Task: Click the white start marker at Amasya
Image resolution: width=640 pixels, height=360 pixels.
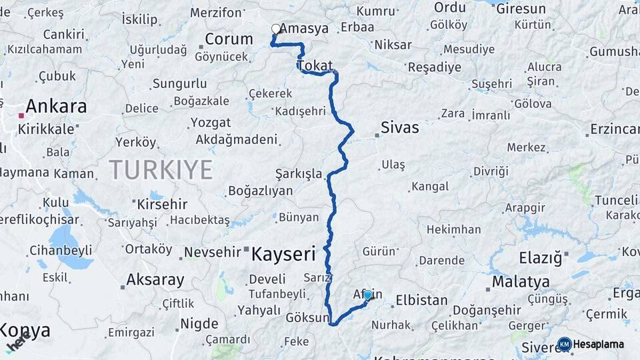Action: (275, 29)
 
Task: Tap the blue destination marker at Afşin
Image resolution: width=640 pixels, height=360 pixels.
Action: (367, 295)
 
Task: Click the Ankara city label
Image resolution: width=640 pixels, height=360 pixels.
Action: (56, 107)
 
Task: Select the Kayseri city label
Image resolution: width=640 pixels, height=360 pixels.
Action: (283, 253)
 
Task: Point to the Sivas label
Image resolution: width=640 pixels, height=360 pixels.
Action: (399, 127)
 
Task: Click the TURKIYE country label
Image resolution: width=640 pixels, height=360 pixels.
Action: (161, 169)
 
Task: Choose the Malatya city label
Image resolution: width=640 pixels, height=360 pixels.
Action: (520, 281)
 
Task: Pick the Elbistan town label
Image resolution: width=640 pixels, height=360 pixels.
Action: (421, 300)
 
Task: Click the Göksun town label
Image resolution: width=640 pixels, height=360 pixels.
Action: (309, 318)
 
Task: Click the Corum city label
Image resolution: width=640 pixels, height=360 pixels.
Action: (229, 39)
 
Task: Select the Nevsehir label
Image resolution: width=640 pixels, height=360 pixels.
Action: (215, 252)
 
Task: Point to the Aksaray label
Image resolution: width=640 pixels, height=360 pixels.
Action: (155, 279)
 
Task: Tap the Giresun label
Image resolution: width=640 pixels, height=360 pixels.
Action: (521, 9)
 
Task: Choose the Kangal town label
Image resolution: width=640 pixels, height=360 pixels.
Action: (430, 187)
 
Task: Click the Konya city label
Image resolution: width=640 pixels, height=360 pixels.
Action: (25, 330)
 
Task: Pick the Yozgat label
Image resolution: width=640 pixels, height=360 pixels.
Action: (211, 123)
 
